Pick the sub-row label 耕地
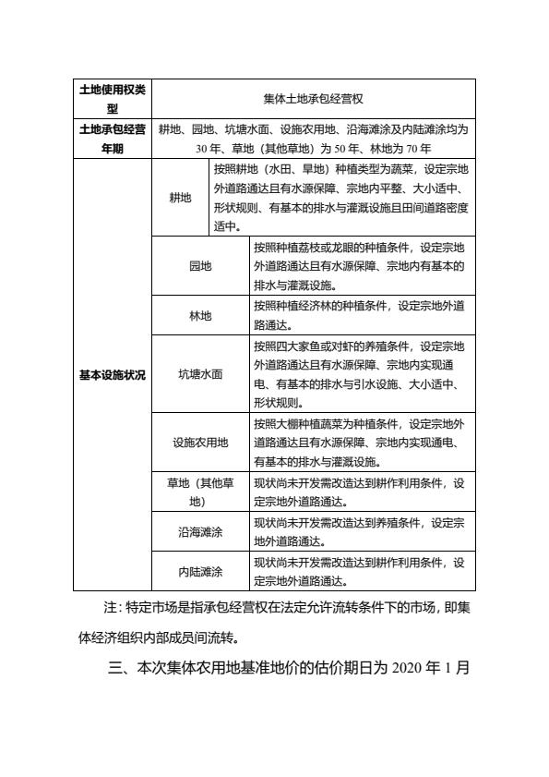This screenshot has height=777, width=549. point(180,198)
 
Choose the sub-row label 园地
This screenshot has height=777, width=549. point(200,266)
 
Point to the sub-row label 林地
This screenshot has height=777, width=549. point(200,315)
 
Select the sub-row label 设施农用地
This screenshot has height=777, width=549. point(200,443)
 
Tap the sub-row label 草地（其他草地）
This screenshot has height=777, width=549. point(200,492)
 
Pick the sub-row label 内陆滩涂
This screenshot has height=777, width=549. point(200,571)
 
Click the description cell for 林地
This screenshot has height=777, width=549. point(362,315)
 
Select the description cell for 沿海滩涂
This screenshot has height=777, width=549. point(362,531)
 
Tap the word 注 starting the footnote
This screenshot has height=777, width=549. point(112,607)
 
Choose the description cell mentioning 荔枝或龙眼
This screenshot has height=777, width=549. point(362,266)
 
